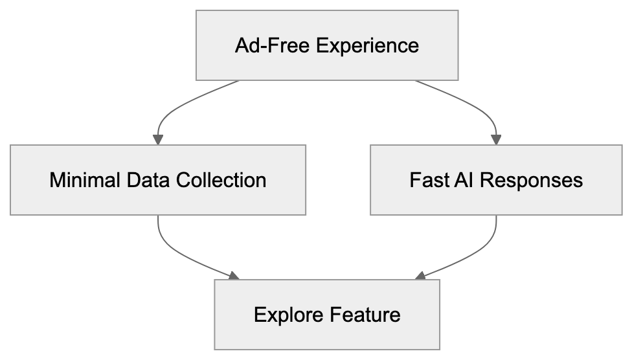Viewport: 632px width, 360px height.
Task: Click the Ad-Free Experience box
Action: tap(327, 45)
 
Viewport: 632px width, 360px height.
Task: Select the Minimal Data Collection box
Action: tap(157, 179)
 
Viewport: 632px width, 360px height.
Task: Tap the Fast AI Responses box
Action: tap(496, 179)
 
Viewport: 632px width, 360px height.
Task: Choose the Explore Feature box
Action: tap(327, 315)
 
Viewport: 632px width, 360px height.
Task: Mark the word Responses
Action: tap(532, 180)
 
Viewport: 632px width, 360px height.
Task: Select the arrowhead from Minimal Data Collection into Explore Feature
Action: tap(234, 276)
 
